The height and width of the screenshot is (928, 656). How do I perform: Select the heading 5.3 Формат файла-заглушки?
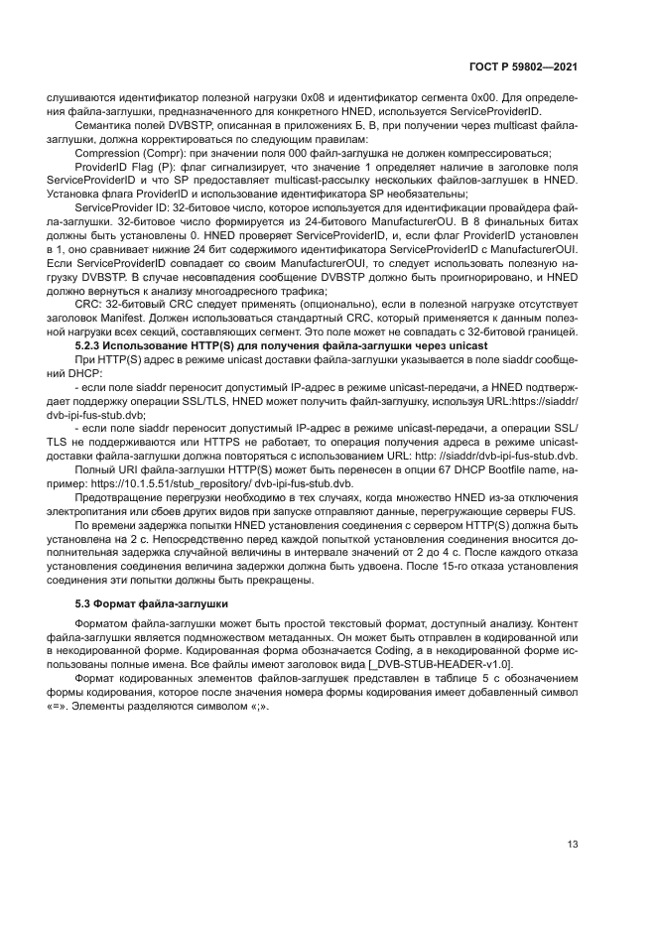point(153,602)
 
